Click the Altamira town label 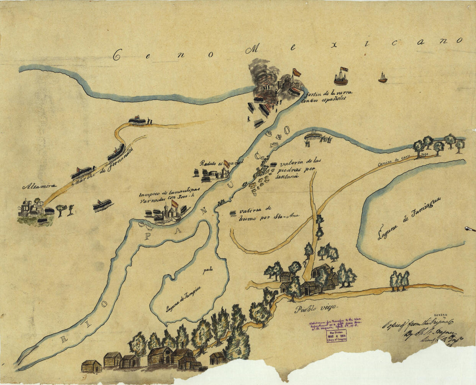click(39, 186)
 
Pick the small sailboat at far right click(383, 78)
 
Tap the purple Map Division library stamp click(336, 335)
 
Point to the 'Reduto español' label click(215, 163)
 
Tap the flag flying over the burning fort click(297, 72)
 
